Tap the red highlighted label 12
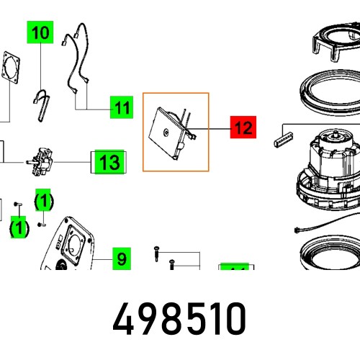pyautogui.click(x=243, y=128)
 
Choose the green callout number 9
pyautogui.click(x=121, y=258)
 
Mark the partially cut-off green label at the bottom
pyautogui.click(x=234, y=268)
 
